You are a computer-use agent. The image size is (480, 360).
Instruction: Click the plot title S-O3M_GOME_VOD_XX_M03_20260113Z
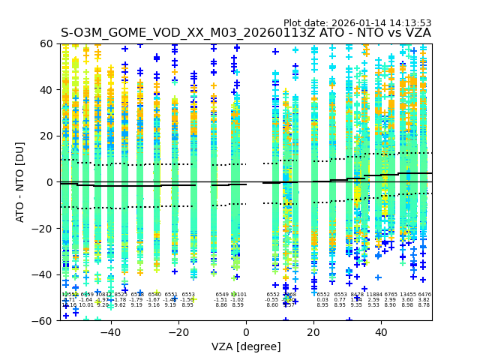click(246, 33)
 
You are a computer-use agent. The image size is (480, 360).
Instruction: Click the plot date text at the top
click(357, 23)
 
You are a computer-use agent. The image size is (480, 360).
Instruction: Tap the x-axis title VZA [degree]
click(246, 346)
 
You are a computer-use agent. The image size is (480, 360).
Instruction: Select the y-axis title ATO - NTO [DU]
click(21, 182)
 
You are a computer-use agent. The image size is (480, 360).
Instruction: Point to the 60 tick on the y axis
click(48, 43)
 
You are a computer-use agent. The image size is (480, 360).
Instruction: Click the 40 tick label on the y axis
click(48, 90)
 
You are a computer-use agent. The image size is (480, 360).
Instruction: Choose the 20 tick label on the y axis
click(48, 136)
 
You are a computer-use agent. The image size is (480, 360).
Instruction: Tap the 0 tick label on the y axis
click(51, 182)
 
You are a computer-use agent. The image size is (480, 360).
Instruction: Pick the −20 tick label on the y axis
click(45, 228)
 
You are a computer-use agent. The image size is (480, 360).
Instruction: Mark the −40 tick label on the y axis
click(45, 274)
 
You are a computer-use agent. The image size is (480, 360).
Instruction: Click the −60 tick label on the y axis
click(45, 320)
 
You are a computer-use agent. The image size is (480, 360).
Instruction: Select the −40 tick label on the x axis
click(109, 331)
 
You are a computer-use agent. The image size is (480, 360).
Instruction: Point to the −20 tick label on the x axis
click(178, 331)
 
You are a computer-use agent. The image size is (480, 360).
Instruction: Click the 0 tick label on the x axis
click(246, 331)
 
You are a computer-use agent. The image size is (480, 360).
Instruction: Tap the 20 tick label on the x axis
click(313, 331)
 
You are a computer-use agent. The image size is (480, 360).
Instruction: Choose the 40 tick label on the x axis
click(381, 331)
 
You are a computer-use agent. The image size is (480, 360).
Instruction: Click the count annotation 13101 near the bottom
click(238, 295)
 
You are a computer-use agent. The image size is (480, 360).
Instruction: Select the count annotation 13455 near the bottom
click(408, 295)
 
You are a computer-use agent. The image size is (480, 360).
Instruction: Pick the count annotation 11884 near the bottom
click(374, 295)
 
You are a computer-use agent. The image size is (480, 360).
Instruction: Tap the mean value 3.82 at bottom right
click(424, 300)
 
